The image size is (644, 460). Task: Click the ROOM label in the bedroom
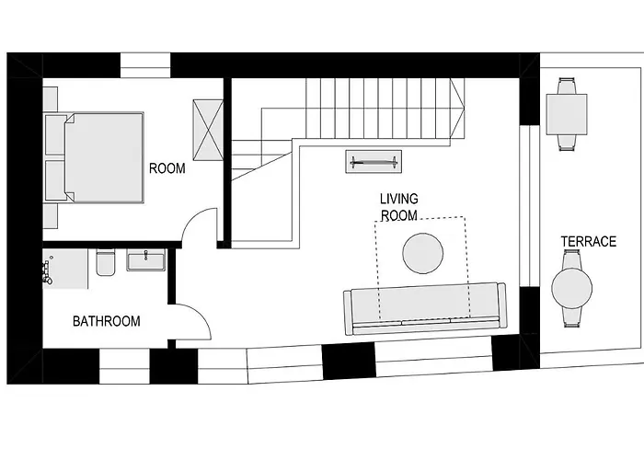coord(167,168)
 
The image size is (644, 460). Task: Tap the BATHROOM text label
coord(107,321)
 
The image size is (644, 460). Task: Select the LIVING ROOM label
coord(398,207)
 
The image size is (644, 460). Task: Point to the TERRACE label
coord(588,242)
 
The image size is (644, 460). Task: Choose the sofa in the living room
coord(424,306)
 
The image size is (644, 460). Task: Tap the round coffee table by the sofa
coord(423,253)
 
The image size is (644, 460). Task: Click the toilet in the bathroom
coord(105,263)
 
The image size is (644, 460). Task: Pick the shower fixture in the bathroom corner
coord(50,270)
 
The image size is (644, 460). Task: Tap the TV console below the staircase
coord(374,162)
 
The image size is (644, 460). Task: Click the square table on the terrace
coord(566,114)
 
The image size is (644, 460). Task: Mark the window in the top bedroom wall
coord(145,65)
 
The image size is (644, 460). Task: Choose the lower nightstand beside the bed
coord(51,214)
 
